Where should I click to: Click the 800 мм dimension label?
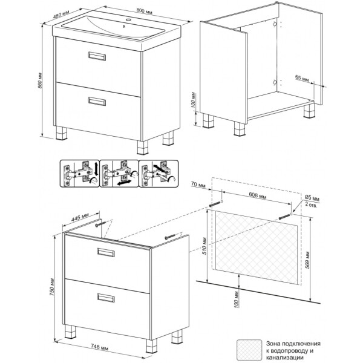pyautogui.click(x=144, y=11)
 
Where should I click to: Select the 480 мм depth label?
pyautogui.click(x=61, y=14)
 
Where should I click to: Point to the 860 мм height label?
pyautogui.click(x=39, y=81)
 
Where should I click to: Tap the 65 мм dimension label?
pyautogui.click(x=302, y=78)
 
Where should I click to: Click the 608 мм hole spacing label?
pyautogui.click(x=258, y=195)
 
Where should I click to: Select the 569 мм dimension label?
pyautogui.click(x=307, y=260)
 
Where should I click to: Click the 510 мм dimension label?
pyautogui.click(x=204, y=246)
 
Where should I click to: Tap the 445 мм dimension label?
pyautogui.click(x=80, y=218)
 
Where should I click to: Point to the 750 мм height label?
pyautogui.click(x=52, y=287)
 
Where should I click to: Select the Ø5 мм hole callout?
pyautogui.click(x=312, y=201)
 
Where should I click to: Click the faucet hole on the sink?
pyautogui.click(x=129, y=20)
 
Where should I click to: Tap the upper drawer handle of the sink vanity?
pyautogui.click(x=97, y=56)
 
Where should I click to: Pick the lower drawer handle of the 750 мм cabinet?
pyautogui.click(x=106, y=298)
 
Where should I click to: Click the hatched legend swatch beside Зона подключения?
pyautogui.click(x=249, y=351)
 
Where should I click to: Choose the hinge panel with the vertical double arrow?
pyautogui.click(x=80, y=174)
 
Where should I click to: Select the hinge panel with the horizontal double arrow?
pyautogui.click(x=119, y=174)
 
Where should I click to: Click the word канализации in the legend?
pyautogui.click(x=284, y=358)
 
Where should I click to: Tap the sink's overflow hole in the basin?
pyautogui.click(x=124, y=27)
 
